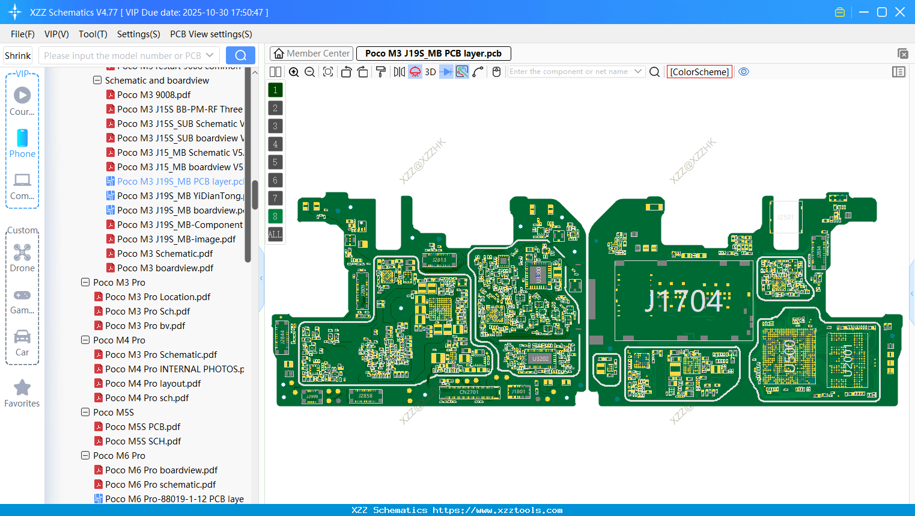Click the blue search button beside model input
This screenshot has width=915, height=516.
[x=240, y=55]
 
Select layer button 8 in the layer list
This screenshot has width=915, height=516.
[x=275, y=216]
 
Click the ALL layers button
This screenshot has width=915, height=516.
[x=275, y=234]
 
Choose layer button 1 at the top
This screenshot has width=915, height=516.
[x=275, y=90]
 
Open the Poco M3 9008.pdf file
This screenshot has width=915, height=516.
[x=154, y=94]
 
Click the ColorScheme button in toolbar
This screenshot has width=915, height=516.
[x=699, y=72]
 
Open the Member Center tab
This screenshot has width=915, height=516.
[x=311, y=54]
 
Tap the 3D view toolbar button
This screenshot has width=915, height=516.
[x=430, y=72]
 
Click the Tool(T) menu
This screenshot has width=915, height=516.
[x=93, y=34]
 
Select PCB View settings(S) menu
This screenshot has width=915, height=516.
[x=211, y=34]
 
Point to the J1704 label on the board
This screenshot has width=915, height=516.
[x=684, y=301]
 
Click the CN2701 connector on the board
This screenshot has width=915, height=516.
[x=469, y=393]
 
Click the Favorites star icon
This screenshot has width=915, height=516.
[x=22, y=388]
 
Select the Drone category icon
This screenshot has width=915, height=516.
[x=22, y=253]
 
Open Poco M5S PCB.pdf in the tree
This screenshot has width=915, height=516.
[x=142, y=426]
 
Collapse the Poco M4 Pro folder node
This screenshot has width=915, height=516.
[x=85, y=340]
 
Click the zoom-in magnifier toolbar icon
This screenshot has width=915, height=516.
[x=294, y=72]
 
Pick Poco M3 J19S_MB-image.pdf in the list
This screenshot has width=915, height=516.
[x=176, y=239]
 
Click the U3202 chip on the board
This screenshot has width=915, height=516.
[x=540, y=358]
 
